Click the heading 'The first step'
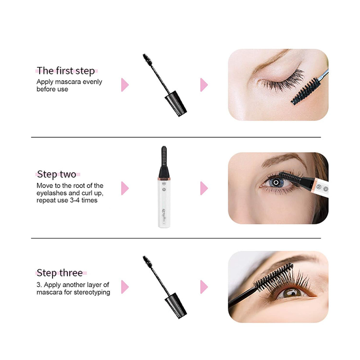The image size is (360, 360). pyautogui.click(x=66, y=71)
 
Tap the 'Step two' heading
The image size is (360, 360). pyautogui.click(x=57, y=174)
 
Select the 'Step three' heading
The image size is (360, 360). pyautogui.click(x=59, y=273)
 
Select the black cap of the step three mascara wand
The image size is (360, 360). pyautogui.click(x=176, y=305)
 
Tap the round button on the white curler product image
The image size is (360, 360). pyautogui.click(x=164, y=181)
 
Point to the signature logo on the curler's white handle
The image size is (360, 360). pyautogui.click(x=164, y=210)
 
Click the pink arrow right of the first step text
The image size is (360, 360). pyautogui.click(x=124, y=85)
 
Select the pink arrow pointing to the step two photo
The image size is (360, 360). pyautogui.click(x=204, y=188)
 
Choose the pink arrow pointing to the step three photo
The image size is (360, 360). pyautogui.click(x=204, y=286)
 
